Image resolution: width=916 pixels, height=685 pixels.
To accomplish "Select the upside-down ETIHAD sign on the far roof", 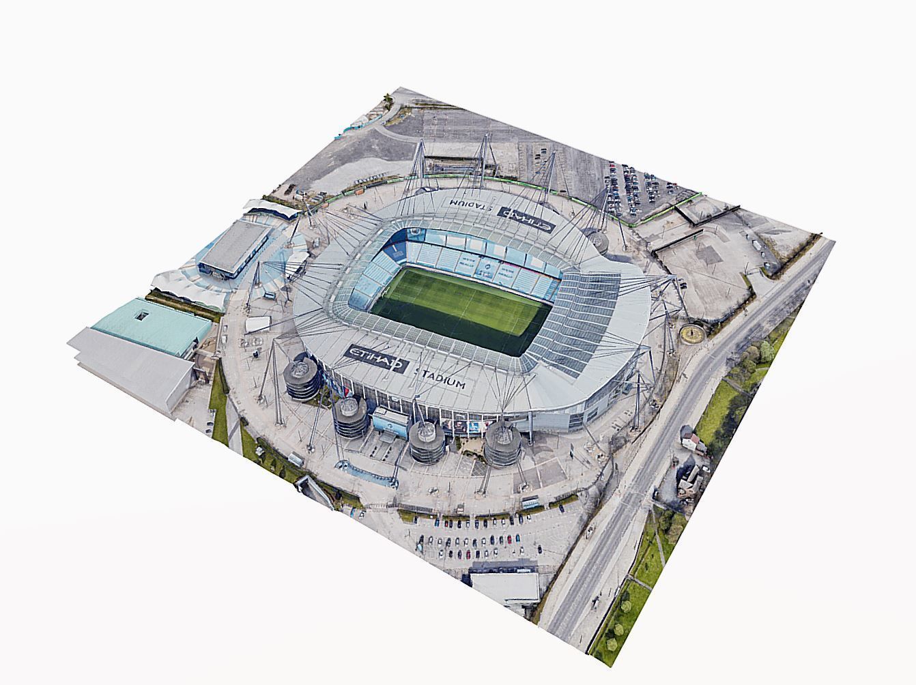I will click(x=526, y=217).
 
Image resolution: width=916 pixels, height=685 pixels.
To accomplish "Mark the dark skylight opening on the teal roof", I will click(x=142, y=315).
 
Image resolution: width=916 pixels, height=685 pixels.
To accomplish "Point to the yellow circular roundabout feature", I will click(x=693, y=334).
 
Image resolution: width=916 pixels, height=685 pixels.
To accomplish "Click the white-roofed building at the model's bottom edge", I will click(x=505, y=585).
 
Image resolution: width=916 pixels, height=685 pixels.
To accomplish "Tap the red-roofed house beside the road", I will click(x=692, y=441).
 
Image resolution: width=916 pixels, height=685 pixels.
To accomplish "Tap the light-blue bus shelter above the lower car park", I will click(x=530, y=503).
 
